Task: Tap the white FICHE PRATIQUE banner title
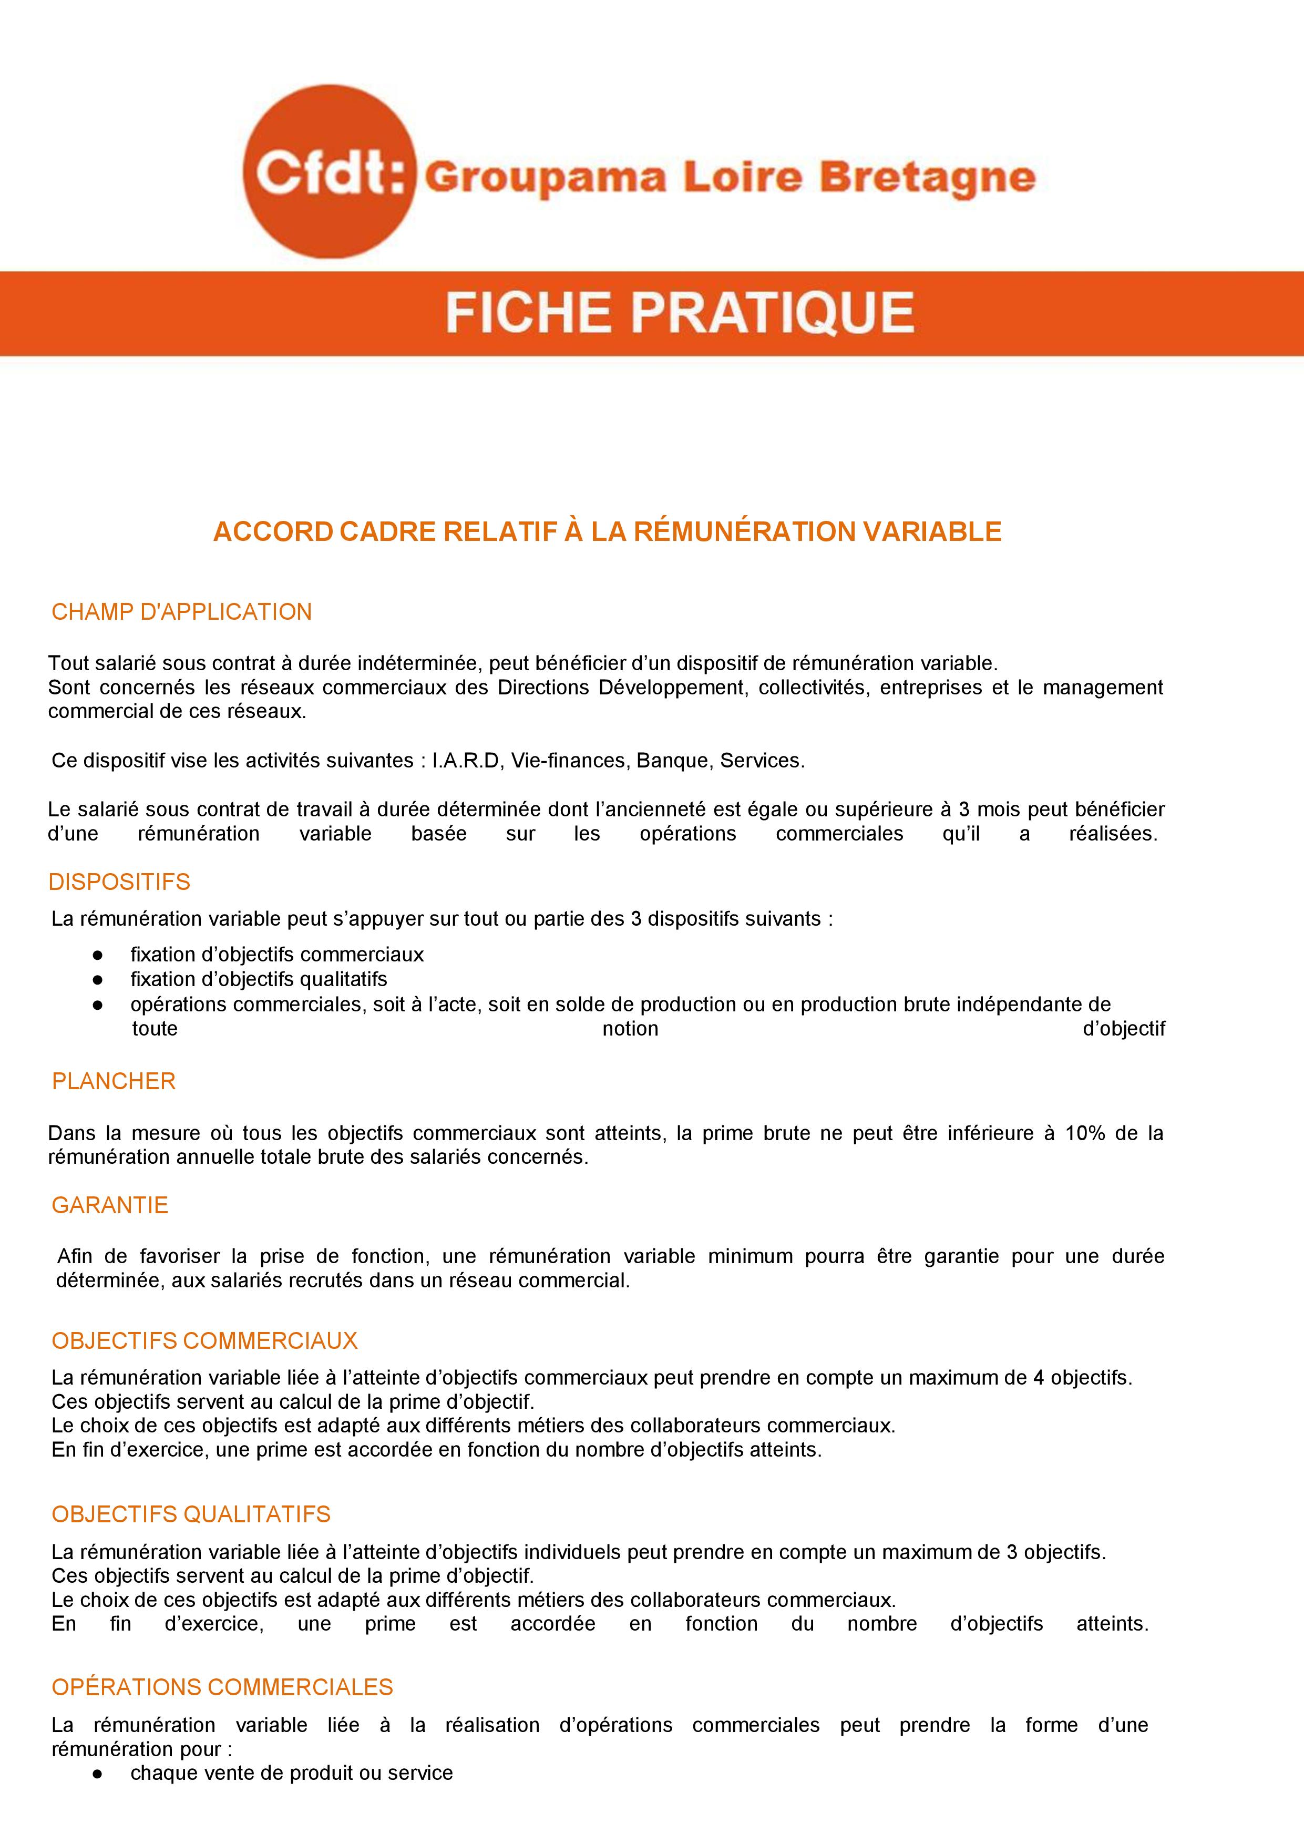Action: coord(680,313)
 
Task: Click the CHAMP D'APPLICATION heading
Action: coord(181,612)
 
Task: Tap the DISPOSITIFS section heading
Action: coord(119,882)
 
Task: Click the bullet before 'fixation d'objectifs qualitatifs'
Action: coord(98,980)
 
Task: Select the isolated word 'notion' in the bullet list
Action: coord(630,1029)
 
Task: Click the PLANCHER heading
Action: coord(113,1081)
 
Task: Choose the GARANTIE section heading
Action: coord(110,1205)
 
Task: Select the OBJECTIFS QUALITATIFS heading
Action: coord(191,1514)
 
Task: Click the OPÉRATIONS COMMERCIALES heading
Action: coord(222,1687)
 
